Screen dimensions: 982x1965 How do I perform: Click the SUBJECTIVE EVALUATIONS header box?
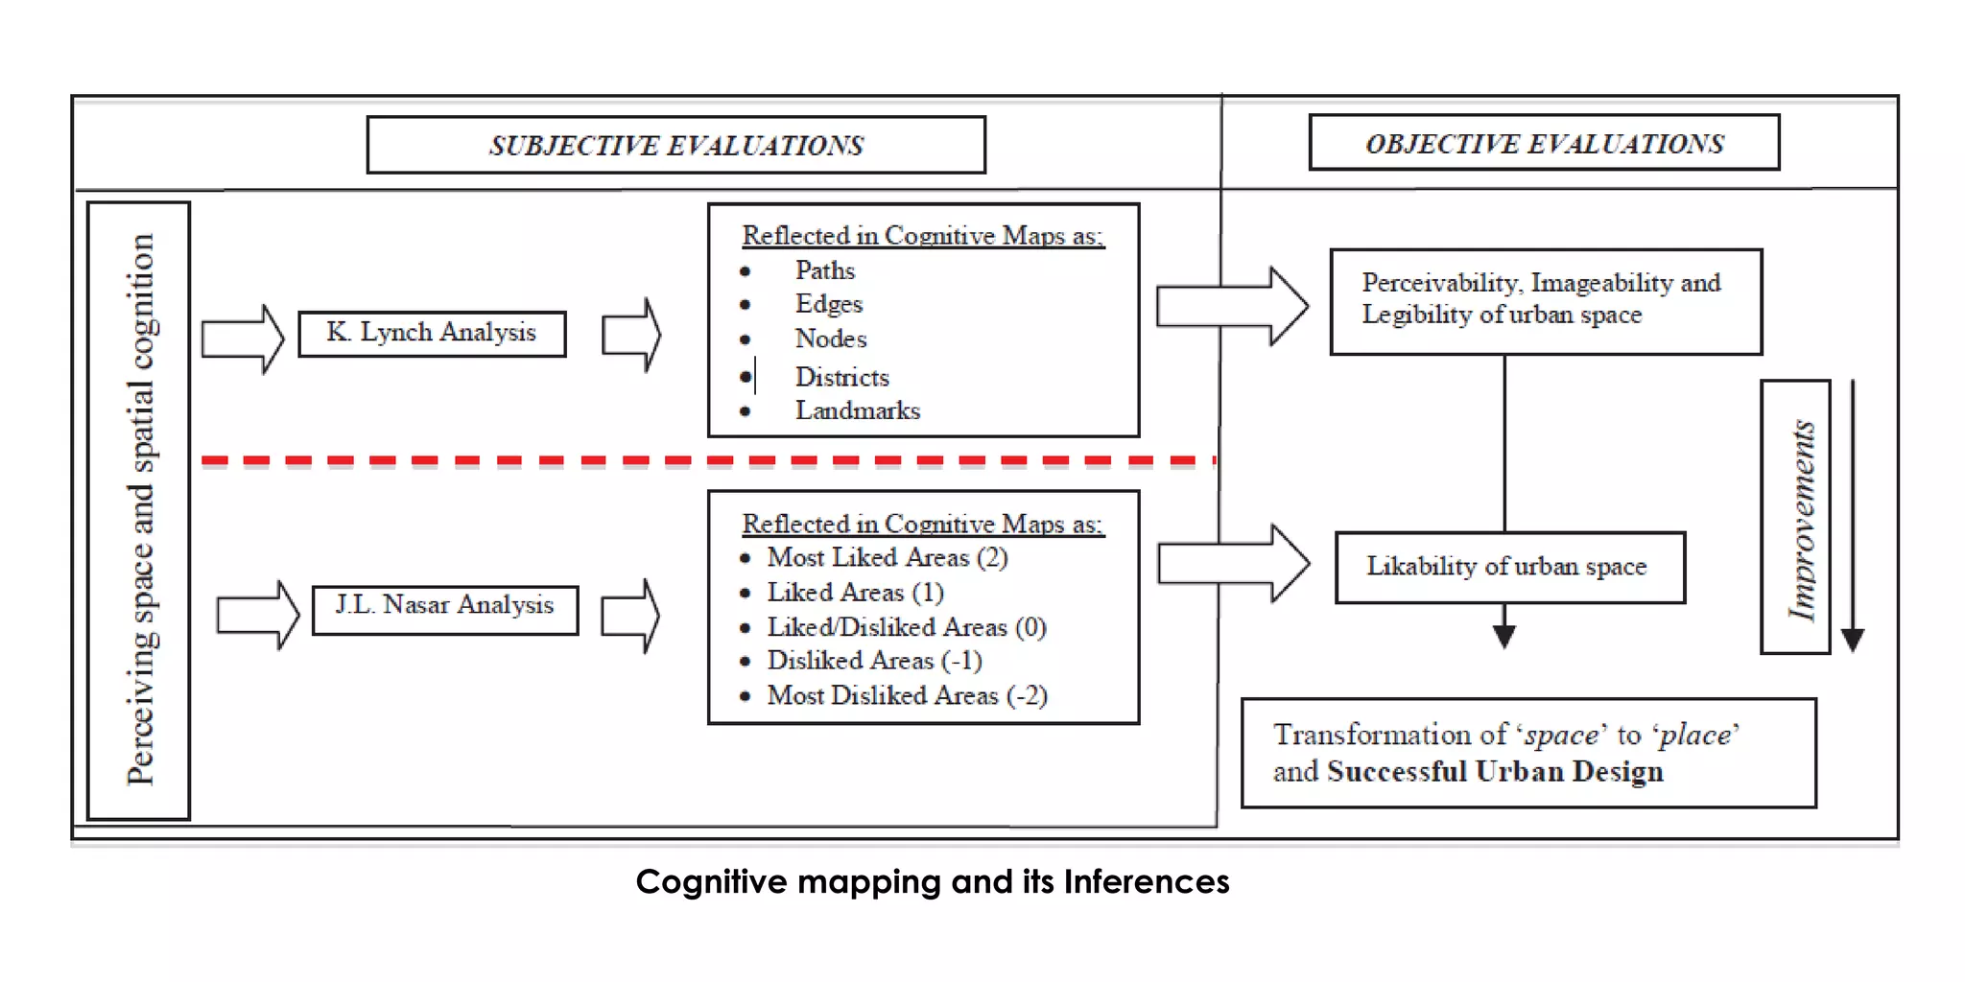point(675,145)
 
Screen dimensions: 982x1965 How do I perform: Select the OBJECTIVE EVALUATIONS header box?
point(1544,143)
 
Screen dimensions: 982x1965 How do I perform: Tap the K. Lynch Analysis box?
point(432,333)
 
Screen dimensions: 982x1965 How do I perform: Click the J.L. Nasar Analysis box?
point(445,606)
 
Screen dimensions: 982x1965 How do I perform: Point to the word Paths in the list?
point(824,270)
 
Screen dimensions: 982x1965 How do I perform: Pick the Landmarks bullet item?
point(857,410)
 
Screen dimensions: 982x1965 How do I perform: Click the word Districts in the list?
point(841,377)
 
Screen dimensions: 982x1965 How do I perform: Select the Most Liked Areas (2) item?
point(887,557)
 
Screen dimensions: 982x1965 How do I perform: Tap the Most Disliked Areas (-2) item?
point(906,695)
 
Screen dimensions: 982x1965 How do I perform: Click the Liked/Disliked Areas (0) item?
point(906,627)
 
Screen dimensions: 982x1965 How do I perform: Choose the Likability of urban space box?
point(1508,567)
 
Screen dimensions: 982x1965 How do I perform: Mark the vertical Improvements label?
point(1801,519)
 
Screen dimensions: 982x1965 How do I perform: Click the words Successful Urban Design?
point(1495,772)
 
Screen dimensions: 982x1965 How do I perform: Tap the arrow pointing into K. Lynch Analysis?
point(243,339)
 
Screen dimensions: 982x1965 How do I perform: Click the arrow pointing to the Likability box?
point(1233,563)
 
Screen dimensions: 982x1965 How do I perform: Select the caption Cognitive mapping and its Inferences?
point(932,881)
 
